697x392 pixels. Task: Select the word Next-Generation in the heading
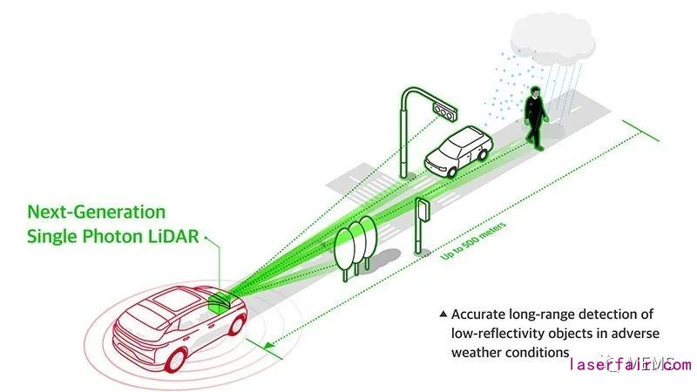coord(96,211)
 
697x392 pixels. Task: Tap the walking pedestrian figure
coord(534,120)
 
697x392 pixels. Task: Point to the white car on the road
coord(457,152)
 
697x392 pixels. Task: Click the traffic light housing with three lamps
coord(445,111)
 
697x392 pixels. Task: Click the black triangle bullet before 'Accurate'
coord(443,314)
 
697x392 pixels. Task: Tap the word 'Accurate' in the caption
coord(480,314)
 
